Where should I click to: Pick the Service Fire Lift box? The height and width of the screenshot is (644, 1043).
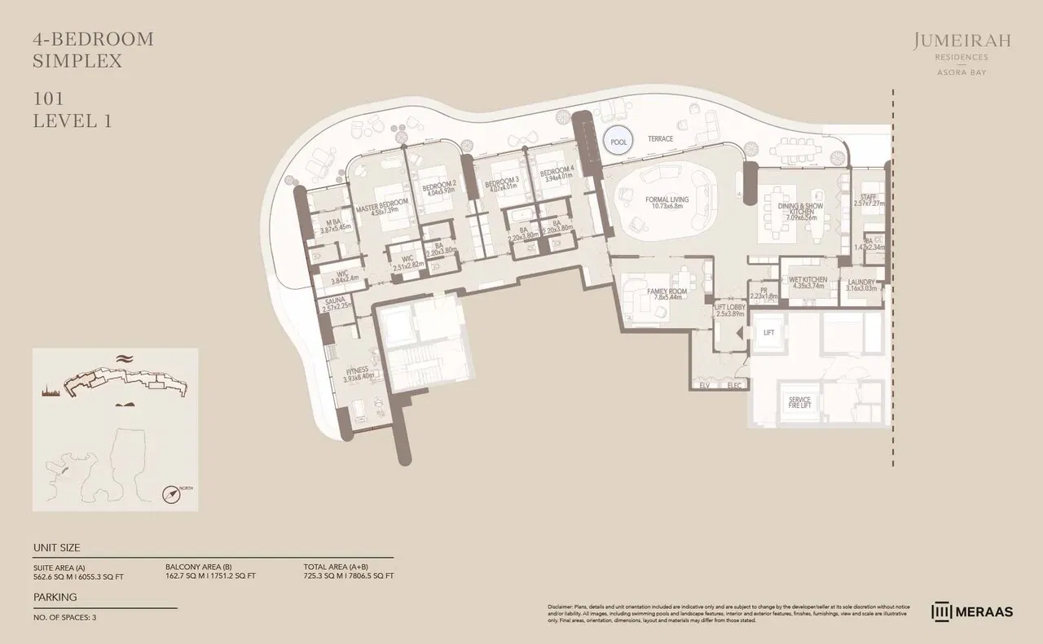tap(799, 403)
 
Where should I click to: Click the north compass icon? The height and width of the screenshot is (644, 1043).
tap(172, 493)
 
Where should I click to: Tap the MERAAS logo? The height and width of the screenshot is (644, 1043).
tap(972, 611)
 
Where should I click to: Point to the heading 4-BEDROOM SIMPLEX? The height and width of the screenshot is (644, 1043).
tap(93, 49)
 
